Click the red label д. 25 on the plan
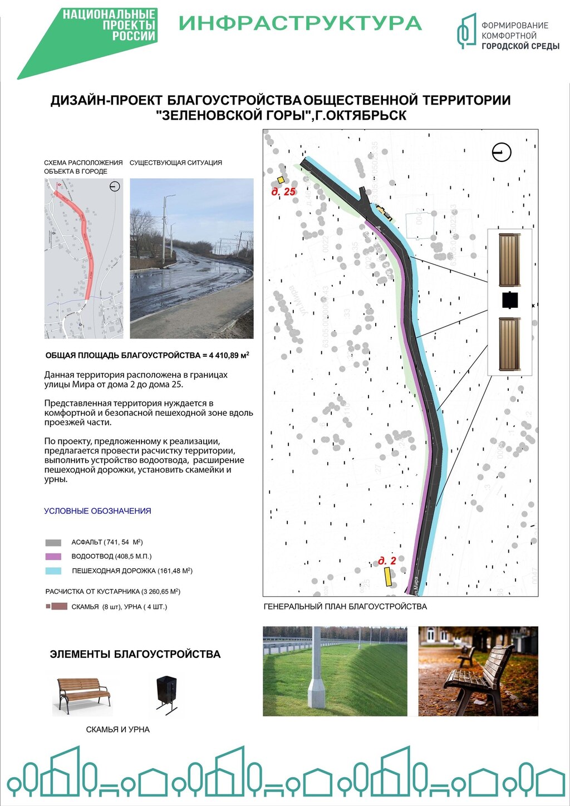click(283, 192)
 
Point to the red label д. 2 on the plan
click(387, 561)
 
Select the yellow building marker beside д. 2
click(387, 576)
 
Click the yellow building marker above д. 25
click(281, 180)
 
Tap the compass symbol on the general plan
click(502, 152)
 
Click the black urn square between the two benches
click(510, 300)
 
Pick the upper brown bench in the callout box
click(509, 259)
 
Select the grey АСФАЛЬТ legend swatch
click(53, 542)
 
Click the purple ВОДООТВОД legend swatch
click(53, 556)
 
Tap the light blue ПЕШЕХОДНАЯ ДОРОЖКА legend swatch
click(53, 571)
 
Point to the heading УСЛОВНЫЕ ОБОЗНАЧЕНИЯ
click(97, 511)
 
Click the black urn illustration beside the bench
click(166, 694)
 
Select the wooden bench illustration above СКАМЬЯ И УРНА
click(83, 695)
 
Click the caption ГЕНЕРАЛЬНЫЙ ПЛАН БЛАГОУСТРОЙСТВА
click(345, 606)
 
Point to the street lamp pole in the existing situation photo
click(165, 228)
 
